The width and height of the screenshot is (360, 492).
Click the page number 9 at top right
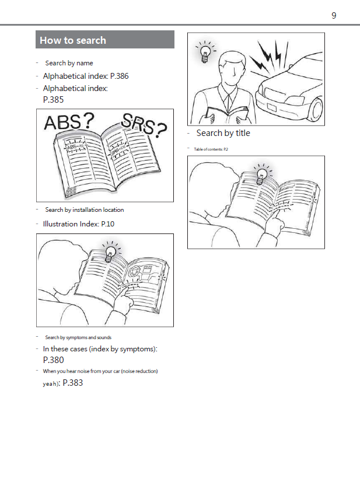334,16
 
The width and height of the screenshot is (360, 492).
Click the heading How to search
73,40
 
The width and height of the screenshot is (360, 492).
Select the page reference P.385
53,100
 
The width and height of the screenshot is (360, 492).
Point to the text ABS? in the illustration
69,122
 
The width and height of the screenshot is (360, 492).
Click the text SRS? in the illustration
144,124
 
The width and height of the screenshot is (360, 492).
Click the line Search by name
69,63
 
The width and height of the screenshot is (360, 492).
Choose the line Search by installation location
84,210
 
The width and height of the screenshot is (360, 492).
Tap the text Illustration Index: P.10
78,224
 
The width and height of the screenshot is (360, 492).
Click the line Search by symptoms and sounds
78,337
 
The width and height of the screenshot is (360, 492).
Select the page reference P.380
53,360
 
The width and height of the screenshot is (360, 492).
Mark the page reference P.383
72,383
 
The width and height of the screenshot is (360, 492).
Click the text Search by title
223,133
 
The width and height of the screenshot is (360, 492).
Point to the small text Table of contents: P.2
211,149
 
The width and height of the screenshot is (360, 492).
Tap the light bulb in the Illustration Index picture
109,253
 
